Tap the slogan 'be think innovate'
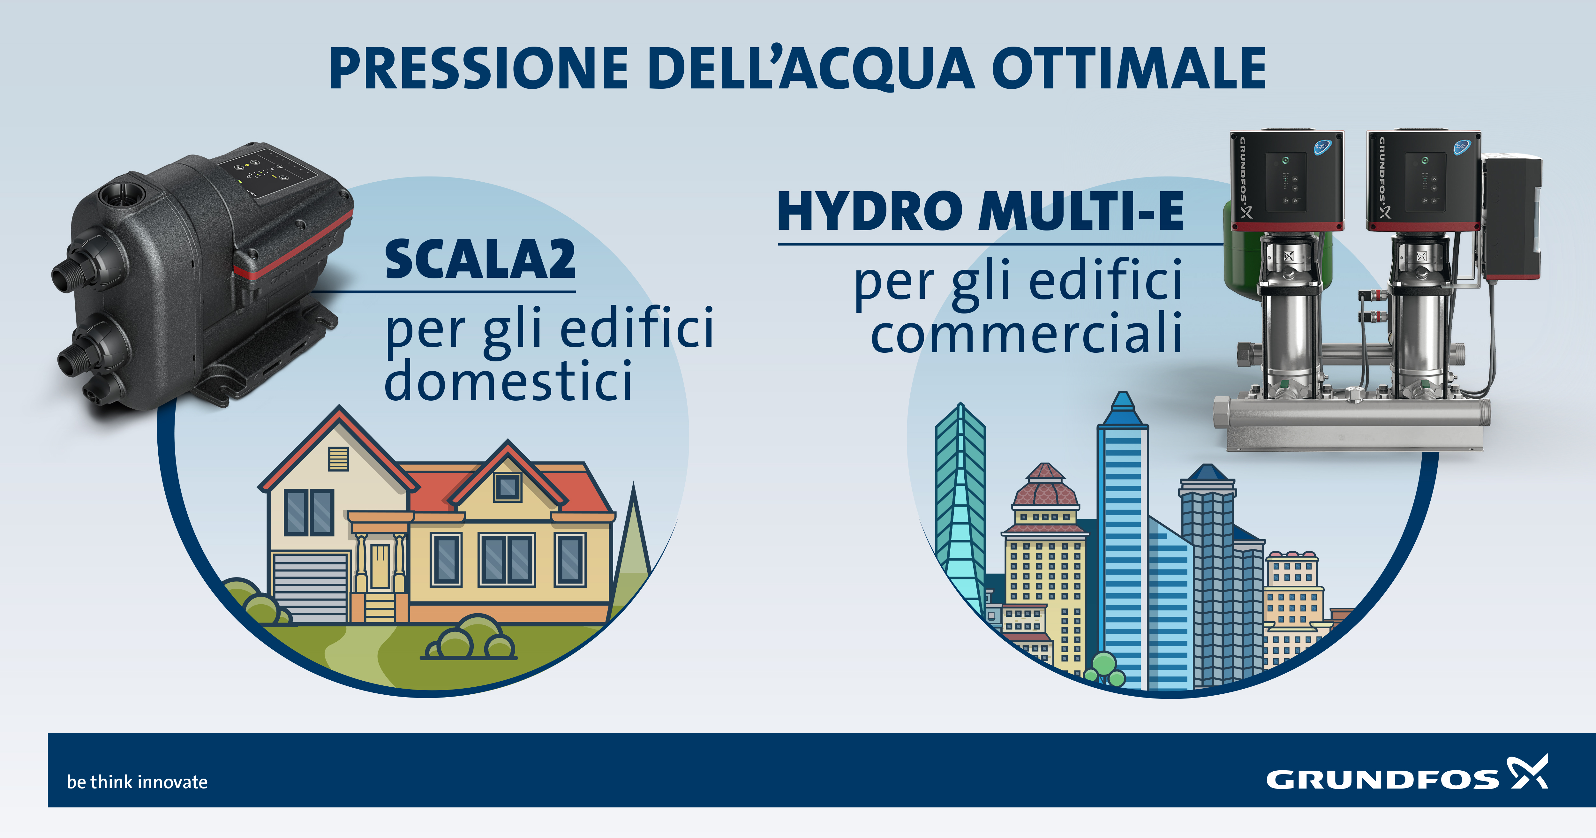[137, 781]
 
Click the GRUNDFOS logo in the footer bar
[1406, 774]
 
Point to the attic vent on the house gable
[339, 459]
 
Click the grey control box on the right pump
[1512, 217]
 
